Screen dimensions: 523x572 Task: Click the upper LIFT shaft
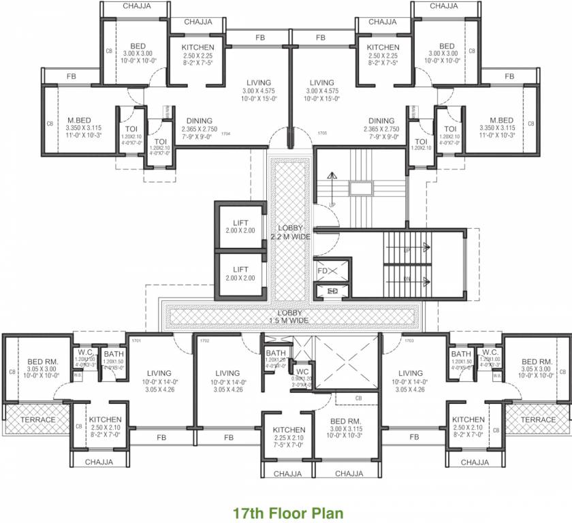pos(240,227)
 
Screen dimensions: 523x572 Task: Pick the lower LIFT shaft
pos(240,274)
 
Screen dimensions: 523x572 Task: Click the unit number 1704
pos(227,133)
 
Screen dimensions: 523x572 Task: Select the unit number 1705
pos(322,133)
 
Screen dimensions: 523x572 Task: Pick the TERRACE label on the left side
pos(37,419)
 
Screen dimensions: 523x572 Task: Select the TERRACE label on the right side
pos(538,419)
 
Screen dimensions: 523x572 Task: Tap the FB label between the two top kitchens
pos(259,37)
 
